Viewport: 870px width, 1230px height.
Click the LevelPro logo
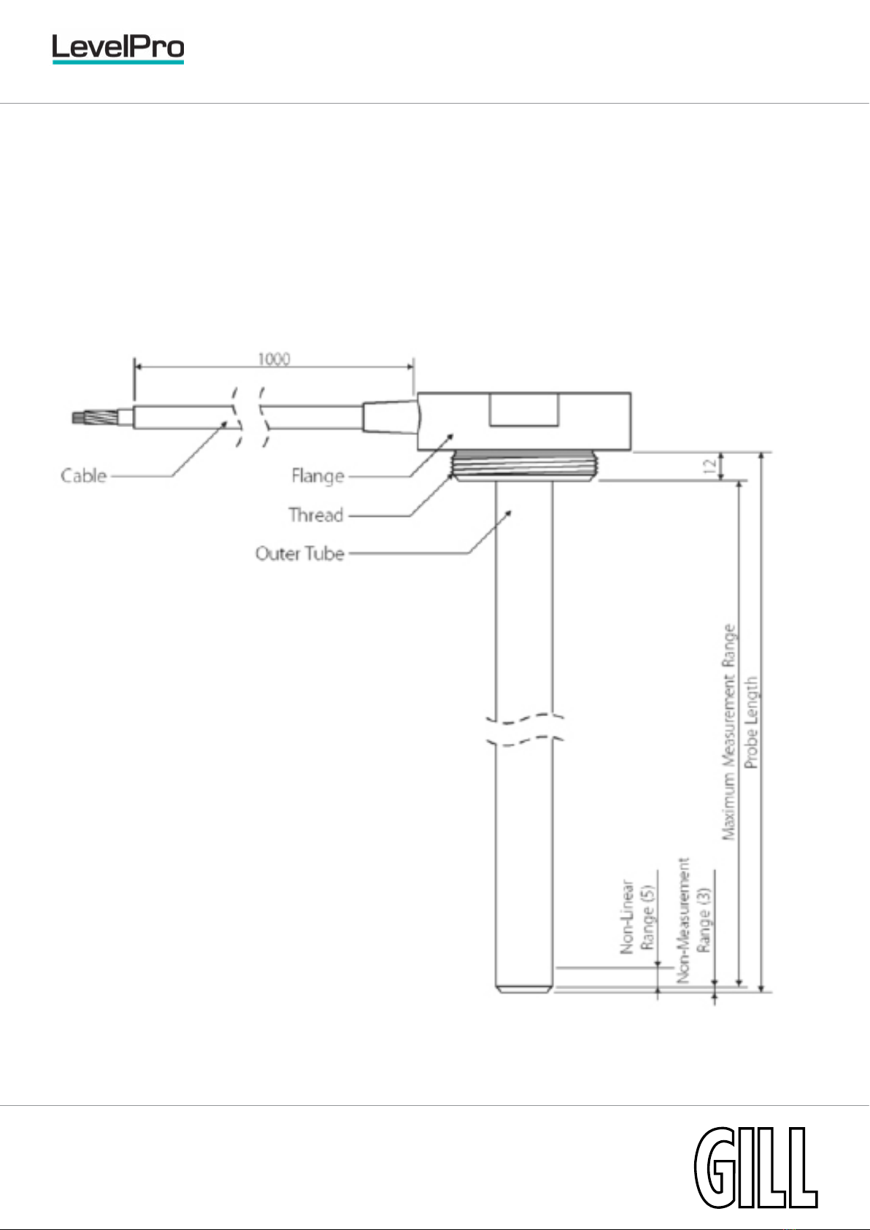point(118,48)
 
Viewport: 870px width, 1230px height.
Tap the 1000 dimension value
point(274,359)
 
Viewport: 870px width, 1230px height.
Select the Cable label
point(83,475)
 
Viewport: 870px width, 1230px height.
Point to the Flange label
point(317,476)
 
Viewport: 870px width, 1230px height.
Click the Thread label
point(316,515)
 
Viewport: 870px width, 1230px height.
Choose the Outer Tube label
point(300,553)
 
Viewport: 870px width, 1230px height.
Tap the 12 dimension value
point(709,466)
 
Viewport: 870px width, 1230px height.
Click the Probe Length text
point(751,722)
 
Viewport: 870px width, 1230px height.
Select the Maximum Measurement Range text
point(728,732)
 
